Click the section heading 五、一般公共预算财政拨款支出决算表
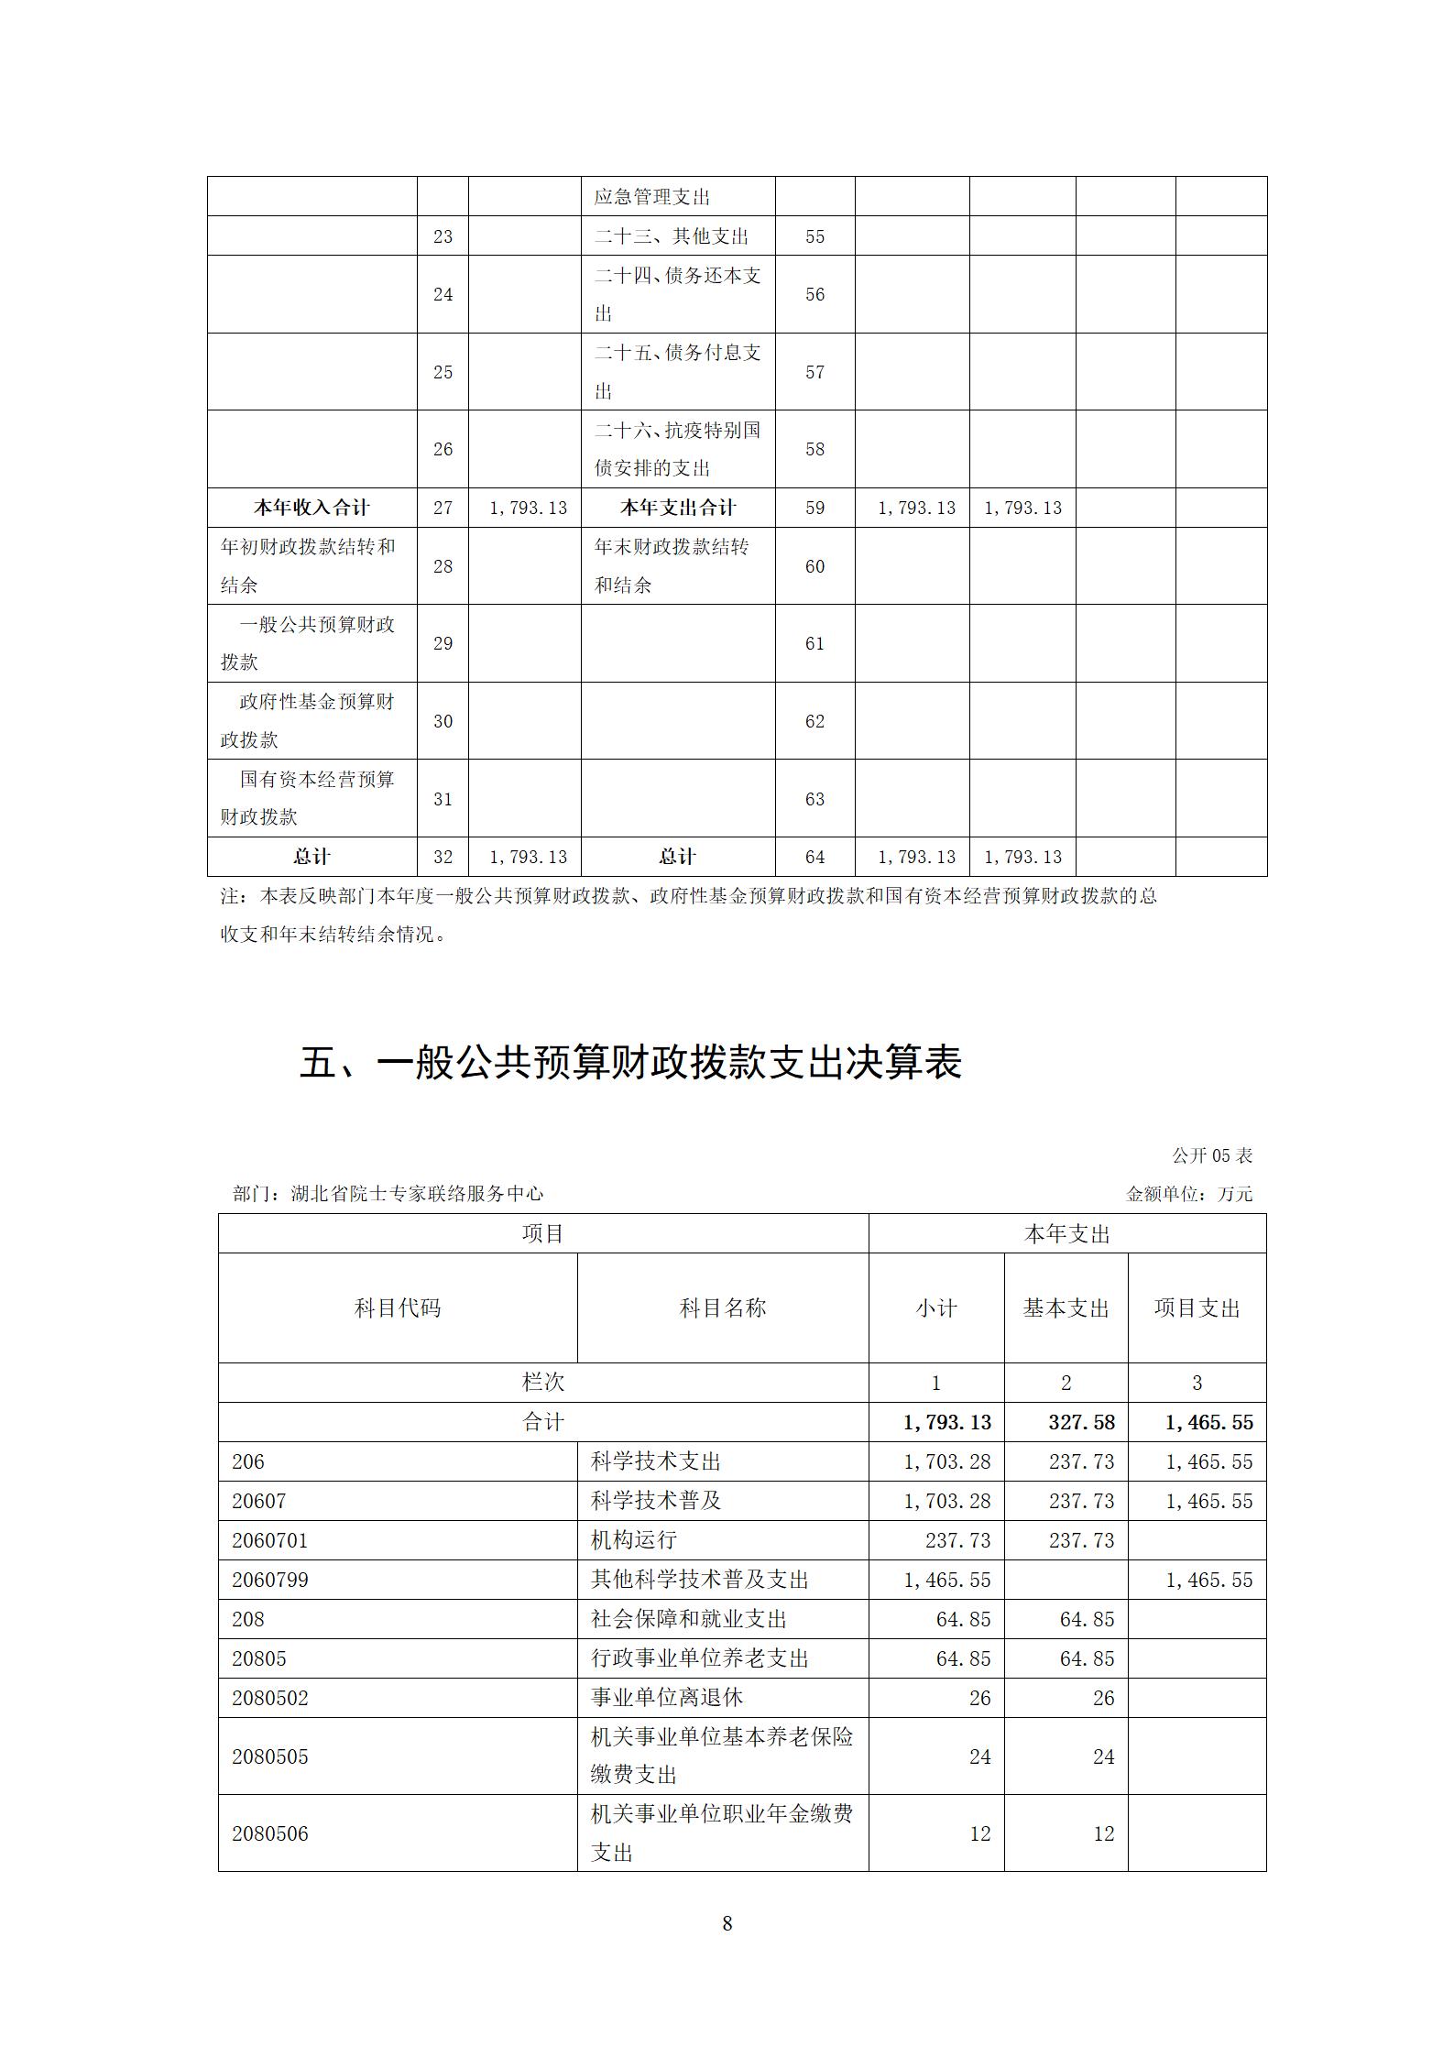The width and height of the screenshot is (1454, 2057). pos(630,1063)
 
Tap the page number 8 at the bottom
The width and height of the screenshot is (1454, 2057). pos(727,1923)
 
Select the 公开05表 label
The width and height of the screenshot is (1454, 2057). pos(1211,1155)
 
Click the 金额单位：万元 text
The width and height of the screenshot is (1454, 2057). pos(1188,1194)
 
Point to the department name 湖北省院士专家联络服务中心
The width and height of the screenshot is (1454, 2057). pos(417,1194)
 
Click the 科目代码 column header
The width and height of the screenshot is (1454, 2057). pos(398,1308)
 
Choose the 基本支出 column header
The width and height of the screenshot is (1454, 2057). pos(1066,1308)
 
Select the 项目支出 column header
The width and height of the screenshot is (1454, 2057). pos(1197,1308)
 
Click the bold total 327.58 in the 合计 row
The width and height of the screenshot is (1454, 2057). pos(1081,1422)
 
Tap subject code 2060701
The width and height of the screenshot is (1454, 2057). pos(270,1540)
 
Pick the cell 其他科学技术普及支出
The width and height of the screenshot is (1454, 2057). pos(700,1580)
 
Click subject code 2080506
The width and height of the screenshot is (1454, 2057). pos(270,1833)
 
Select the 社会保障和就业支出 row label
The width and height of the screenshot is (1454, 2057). pos(689,1619)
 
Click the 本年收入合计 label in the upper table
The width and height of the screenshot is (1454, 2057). pos(312,508)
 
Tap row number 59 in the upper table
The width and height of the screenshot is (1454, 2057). pos(814,508)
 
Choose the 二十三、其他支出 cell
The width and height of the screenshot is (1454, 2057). pos(672,236)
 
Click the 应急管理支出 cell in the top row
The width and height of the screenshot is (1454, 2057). pos(652,197)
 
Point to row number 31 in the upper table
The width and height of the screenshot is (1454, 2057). pos(443,799)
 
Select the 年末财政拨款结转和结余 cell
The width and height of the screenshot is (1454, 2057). pos(672,565)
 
